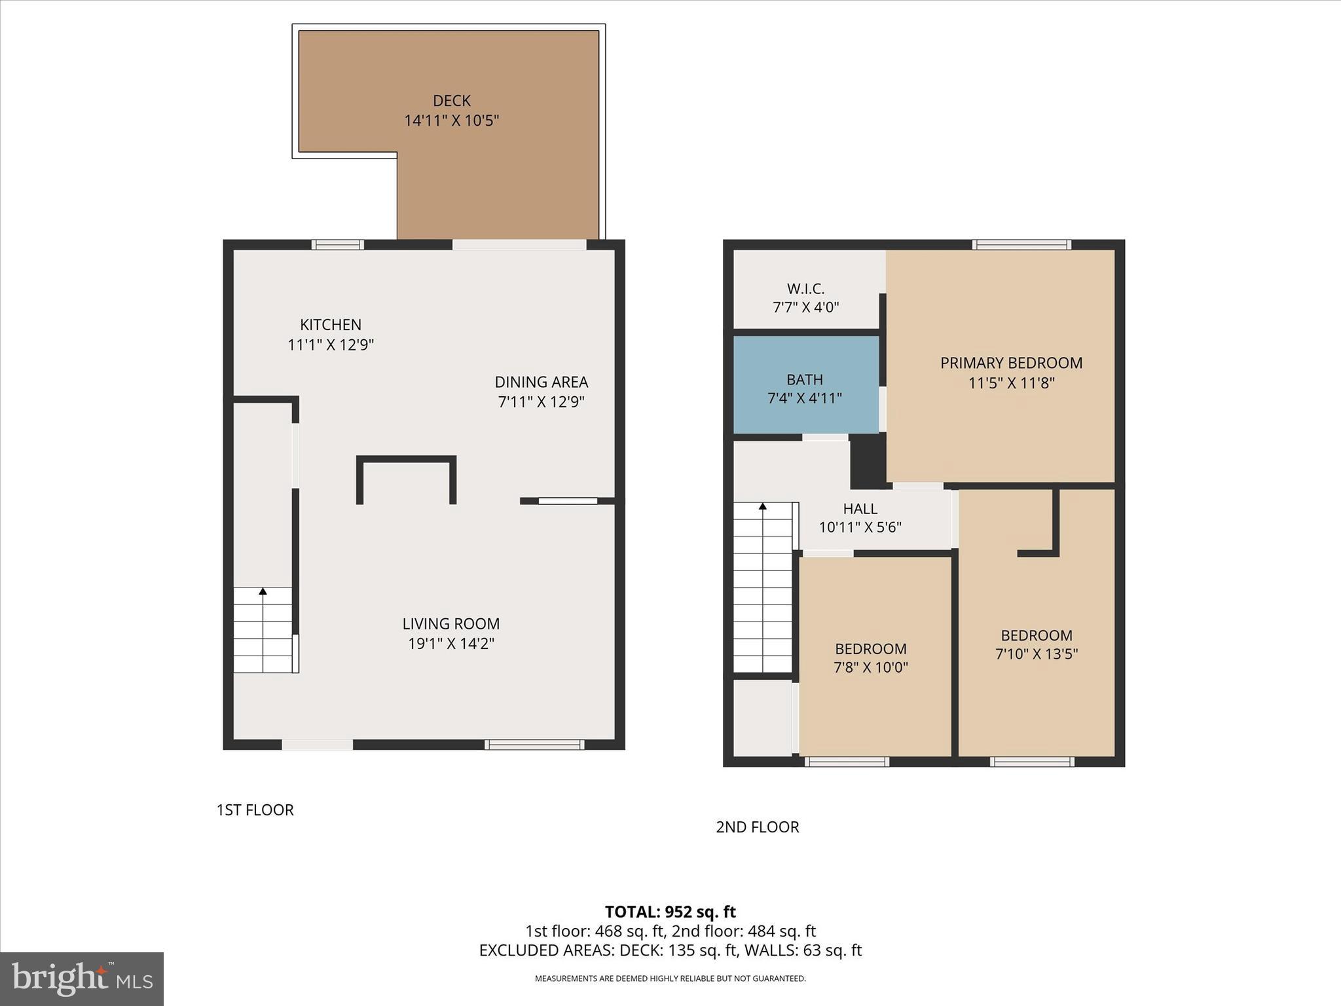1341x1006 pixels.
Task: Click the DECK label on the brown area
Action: pyautogui.click(x=451, y=101)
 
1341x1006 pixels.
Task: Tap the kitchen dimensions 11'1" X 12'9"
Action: pyautogui.click(x=331, y=345)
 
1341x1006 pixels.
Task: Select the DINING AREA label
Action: pyautogui.click(x=541, y=382)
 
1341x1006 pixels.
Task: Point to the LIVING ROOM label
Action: pyautogui.click(x=450, y=624)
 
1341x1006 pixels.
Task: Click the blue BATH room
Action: pyautogui.click(x=805, y=385)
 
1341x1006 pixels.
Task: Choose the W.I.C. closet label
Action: pyautogui.click(x=805, y=289)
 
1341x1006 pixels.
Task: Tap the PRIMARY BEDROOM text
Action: pyautogui.click(x=1011, y=363)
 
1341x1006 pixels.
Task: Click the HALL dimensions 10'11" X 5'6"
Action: pyautogui.click(x=860, y=527)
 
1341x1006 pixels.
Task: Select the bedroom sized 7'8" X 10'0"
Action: pyautogui.click(x=870, y=658)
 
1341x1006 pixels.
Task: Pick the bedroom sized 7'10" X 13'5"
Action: pyautogui.click(x=1036, y=644)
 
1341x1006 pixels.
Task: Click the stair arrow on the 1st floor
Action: pyautogui.click(x=263, y=591)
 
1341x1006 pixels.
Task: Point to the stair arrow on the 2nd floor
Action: pyautogui.click(x=762, y=506)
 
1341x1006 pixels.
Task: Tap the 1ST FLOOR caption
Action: pyautogui.click(x=255, y=810)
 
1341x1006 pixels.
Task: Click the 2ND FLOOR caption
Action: pyautogui.click(x=757, y=827)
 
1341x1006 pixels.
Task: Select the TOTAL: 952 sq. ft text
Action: pyautogui.click(x=670, y=912)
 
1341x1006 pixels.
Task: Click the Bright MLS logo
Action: pyautogui.click(x=82, y=978)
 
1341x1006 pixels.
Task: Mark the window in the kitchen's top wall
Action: pyautogui.click(x=337, y=245)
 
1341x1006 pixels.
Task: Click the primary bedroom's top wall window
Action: pyautogui.click(x=1021, y=245)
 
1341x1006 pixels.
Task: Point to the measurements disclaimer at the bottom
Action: pyautogui.click(x=670, y=978)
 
